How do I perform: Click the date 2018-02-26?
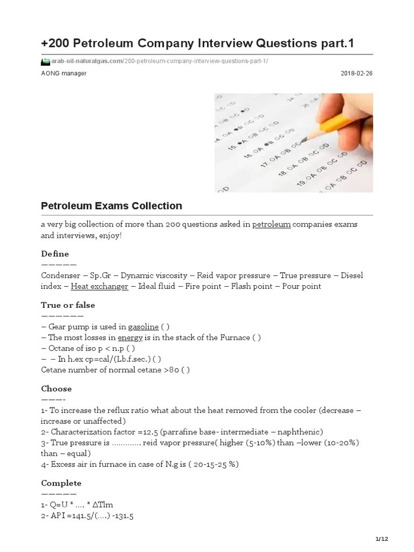click(x=356, y=73)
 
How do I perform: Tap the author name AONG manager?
click(x=64, y=73)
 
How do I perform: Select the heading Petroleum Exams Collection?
click(x=112, y=206)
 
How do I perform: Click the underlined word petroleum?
click(x=272, y=224)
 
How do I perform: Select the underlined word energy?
click(x=129, y=337)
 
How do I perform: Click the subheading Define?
click(x=55, y=253)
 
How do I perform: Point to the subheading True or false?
click(x=68, y=305)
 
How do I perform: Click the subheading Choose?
click(x=57, y=388)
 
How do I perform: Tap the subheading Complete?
click(x=61, y=482)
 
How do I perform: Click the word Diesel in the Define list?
click(x=352, y=275)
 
